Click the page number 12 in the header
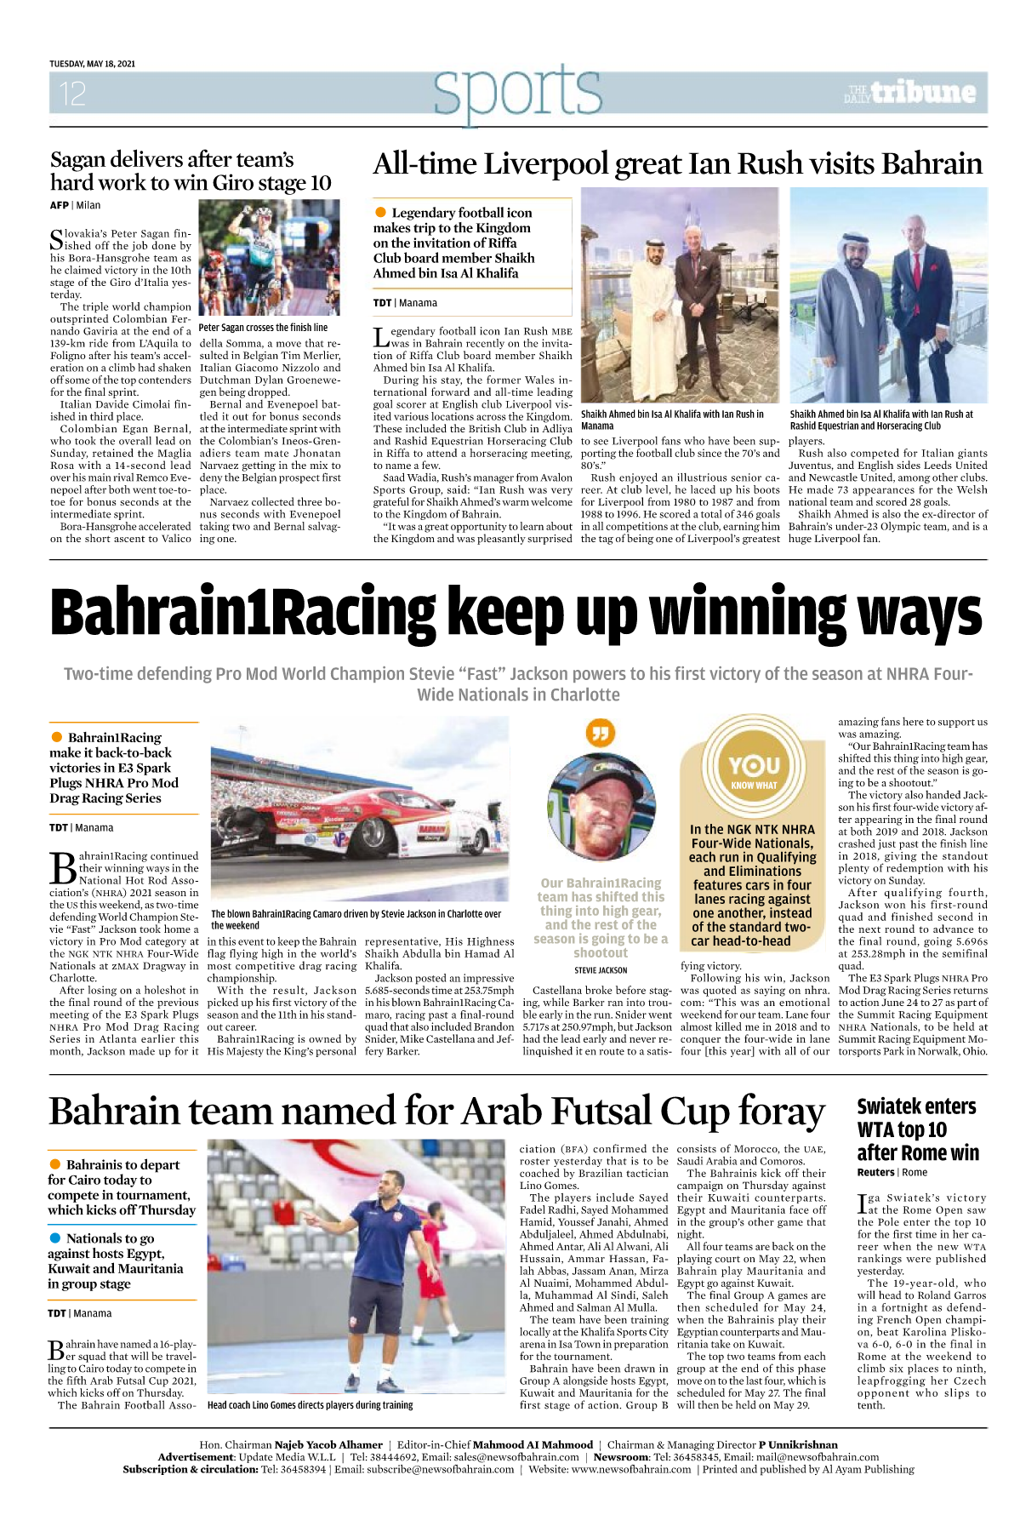(x=72, y=93)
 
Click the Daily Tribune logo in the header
(x=910, y=93)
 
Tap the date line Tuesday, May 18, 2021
(x=92, y=64)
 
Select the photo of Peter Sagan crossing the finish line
(x=269, y=258)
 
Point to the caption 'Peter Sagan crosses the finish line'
(x=263, y=328)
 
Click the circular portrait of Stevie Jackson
(x=601, y=809)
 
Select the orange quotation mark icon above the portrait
(x=601, y=732)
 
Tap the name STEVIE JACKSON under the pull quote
(x=601, y=970)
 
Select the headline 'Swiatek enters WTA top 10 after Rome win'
(x=918, y=1129)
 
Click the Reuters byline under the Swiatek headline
(x=875, y=1172)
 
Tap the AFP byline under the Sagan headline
(x=59, y=205)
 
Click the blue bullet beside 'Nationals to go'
(x=55, y=1238)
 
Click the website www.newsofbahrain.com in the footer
(x=630, y=1469)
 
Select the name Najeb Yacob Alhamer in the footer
(x=328, y=1444)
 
